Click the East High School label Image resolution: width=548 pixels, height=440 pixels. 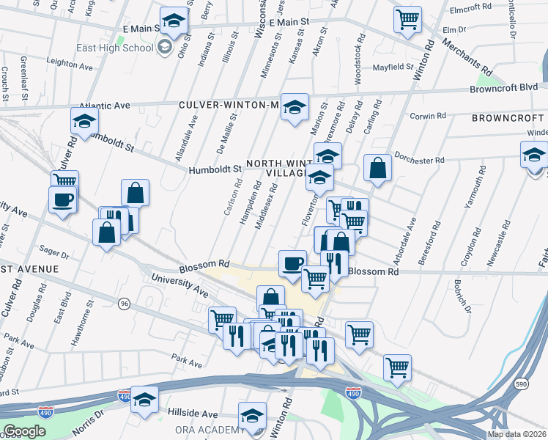coord(115,48)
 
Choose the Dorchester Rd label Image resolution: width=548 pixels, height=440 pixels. coord(419,159)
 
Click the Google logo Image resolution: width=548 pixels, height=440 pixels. coord(24,431)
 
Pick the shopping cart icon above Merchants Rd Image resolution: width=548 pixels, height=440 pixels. coord(407,19)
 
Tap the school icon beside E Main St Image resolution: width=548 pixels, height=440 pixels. coord(174,21)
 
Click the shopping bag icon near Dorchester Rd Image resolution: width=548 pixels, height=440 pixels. coord(377,168)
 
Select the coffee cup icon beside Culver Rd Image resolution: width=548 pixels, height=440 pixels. coord(62,199)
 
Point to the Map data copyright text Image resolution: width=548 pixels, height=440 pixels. coord(517,434)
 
